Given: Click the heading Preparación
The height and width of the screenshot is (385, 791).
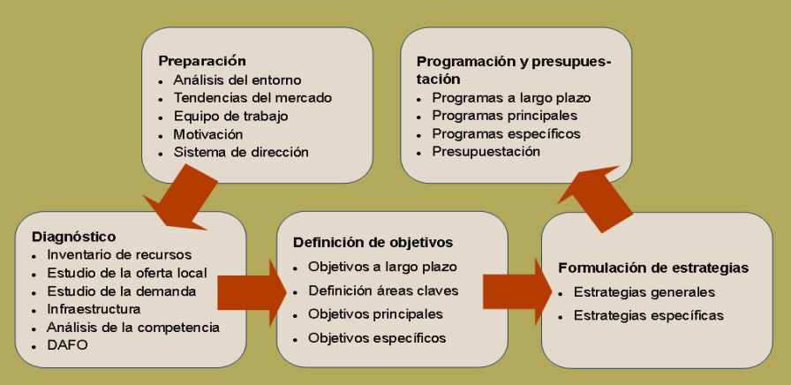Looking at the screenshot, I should tap(201, 61).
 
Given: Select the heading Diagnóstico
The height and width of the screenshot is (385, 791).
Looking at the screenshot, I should tap(73, 237).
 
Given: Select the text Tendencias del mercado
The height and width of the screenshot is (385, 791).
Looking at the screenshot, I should tap(252, 98).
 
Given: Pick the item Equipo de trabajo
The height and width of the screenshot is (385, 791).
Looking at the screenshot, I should tap(230, 116).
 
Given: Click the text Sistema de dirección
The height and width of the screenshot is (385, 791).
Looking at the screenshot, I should tap(241, 152).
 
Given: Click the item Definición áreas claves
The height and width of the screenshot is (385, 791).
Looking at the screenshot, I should tap(383, 290).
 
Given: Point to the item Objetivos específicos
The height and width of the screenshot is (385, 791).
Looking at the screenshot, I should tap(377, 337).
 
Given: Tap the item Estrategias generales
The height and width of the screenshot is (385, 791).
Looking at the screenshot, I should tap(644, 292).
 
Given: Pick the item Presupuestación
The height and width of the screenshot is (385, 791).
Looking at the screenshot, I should tap(486, 152).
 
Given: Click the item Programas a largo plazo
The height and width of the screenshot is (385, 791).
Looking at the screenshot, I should tap(511, 98).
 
